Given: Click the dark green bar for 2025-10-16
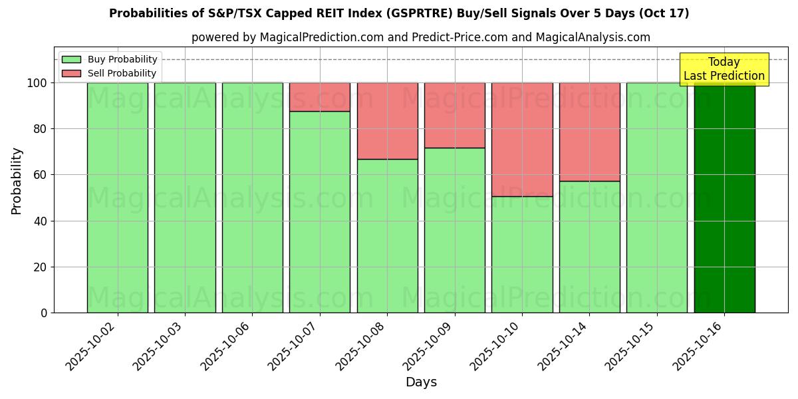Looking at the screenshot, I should (724, 199).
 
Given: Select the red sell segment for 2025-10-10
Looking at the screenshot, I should (522, 139).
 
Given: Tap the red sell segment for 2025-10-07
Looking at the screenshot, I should (320, 96).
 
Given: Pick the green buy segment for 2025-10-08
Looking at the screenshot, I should (387, 236).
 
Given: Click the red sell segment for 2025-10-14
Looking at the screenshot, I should (589, 132).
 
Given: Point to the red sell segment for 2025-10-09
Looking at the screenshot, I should (455, 115).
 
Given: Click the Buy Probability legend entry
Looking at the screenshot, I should (110, 60).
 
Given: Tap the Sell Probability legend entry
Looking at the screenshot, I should (110, 73).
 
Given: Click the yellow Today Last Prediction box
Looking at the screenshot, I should (724, 69).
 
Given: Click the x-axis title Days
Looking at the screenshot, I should (421, 382).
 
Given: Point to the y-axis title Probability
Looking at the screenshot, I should (17, 181).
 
